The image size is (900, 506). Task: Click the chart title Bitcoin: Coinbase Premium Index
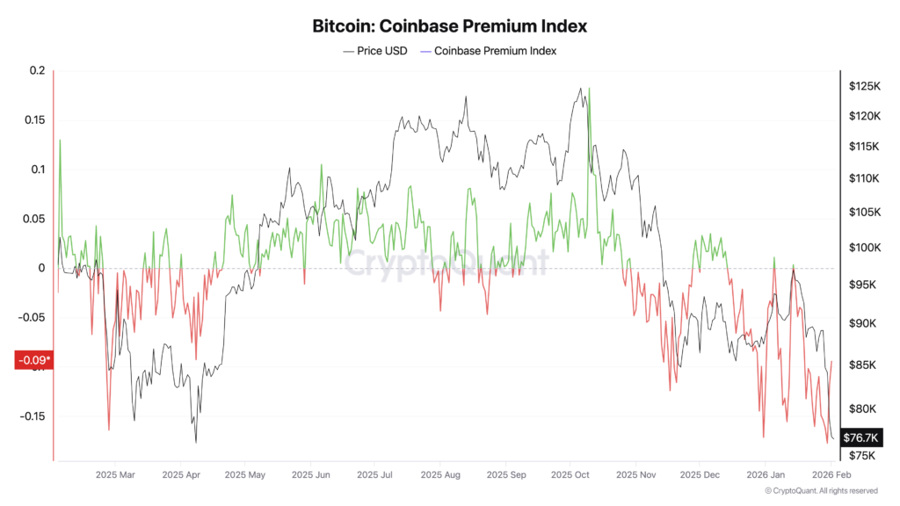click(449, 26)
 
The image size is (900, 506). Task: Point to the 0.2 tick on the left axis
click(36, 70)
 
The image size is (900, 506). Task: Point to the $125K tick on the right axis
click(864, 86)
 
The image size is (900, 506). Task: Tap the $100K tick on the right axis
click(864, 247)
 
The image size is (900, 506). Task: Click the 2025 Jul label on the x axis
click(375, 475)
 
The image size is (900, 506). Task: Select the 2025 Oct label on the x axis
click(570, 475)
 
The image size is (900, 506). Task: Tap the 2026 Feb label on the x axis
click(829, 475)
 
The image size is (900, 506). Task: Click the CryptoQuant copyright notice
click(820, 491)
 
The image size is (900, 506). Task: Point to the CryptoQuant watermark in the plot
click(446, 262)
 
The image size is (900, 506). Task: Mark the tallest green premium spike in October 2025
click(589, 89)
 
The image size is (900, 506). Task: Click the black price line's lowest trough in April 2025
click(196, 442)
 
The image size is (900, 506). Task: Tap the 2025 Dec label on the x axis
click(700, 475)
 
